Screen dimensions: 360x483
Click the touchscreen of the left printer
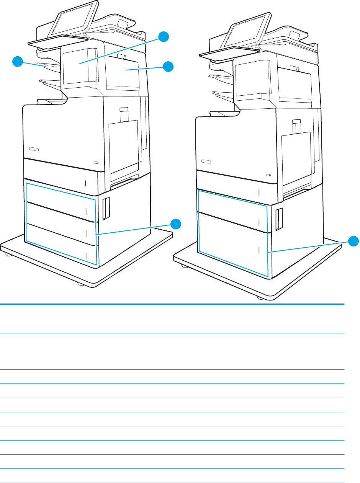tap(73, 19)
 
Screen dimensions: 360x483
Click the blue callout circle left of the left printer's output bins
tap(18, 61)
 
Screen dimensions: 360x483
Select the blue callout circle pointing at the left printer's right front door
tap(168, 66)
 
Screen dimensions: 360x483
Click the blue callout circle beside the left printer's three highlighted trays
tap(175, 224)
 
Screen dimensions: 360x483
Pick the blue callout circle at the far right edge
tap(354, 241)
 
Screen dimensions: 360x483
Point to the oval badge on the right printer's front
tap(206, 161)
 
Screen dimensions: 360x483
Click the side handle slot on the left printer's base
tap(106, 209)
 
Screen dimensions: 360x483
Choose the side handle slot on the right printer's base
tap(279, 220)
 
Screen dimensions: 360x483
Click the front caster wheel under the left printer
tap(80, 284)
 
